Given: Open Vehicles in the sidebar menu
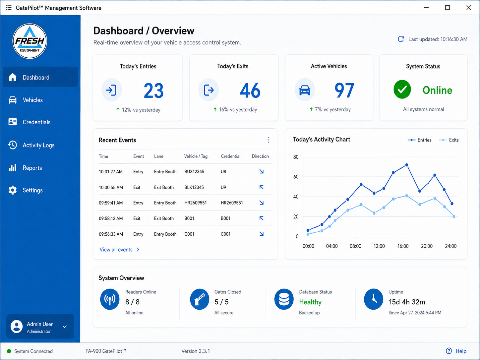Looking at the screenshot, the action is tap(32, 100).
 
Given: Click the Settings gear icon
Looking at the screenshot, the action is tap(13, 190).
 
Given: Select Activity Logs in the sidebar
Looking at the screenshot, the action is tap(38, 145).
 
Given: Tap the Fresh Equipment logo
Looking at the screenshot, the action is tap(30, 41).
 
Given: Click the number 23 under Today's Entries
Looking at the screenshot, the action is tap(153, 90).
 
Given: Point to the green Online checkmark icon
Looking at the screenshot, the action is tap(402, 90).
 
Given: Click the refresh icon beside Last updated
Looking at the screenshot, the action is tap(401, 39).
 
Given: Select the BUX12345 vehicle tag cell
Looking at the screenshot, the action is tap(194, 172).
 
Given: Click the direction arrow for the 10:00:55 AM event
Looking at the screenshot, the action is tap(261, 187).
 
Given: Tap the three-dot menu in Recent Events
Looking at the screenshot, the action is tap(268, 140).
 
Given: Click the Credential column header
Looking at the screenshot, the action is tap(230, 156).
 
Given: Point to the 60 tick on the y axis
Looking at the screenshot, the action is tap(296, 177).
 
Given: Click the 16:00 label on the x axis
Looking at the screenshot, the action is tap(403, 246).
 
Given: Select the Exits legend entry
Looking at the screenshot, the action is tap(449, 140).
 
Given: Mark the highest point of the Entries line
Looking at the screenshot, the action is tap(406, 165).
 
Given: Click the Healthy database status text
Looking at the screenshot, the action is tap(310, 302).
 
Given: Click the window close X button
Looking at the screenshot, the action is tap(469, 8).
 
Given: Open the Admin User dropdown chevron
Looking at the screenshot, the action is tap(65, 327).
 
